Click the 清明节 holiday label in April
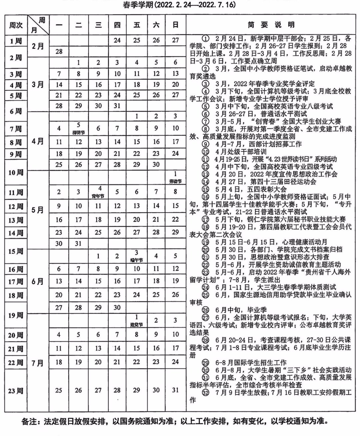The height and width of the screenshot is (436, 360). click(x=78, y=132)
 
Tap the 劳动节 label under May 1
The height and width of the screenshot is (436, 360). click(x=175, y=181)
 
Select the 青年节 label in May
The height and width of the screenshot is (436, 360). click(x=98, y=196)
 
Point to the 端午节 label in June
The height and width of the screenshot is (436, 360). click(x=137, y=260)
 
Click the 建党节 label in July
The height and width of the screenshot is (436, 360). click(x=137, y=324)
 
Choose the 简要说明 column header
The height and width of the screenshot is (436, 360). click(x=271, y=25)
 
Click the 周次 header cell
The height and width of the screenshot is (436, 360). click(x=16, y=25)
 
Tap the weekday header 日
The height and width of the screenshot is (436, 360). click(x=175, y=25)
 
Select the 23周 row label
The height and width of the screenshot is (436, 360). click(x=16, y=390)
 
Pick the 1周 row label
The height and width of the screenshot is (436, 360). click(x=16, y=41)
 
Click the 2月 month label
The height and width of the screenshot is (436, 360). click(x=38, y=46)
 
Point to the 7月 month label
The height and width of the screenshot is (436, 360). click(x=38, y=363)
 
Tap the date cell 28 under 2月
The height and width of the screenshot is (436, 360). click(x=59, y=51)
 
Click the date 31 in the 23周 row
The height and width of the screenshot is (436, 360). click(x=175, y=390)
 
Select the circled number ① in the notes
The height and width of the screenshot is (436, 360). click(x=206, y=39)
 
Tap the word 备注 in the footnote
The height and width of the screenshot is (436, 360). click(x=29, y=421)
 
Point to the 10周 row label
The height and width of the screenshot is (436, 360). click(x=16, y=173)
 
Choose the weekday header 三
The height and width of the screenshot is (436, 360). click(x=98, y=25)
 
